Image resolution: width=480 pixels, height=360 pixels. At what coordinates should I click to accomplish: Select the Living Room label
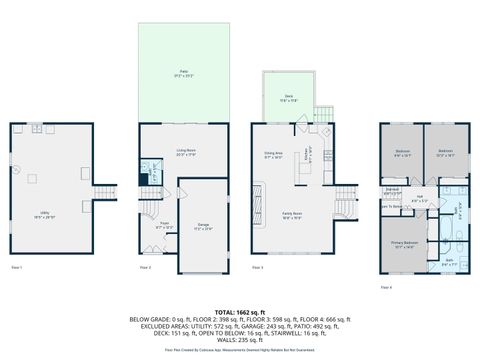click(185, 153)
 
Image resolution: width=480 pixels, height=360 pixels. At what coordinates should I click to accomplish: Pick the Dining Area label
click(273, 155)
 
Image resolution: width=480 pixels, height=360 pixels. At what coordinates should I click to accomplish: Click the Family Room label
click(291, 217)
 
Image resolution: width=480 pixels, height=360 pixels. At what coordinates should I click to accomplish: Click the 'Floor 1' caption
click(16, 268)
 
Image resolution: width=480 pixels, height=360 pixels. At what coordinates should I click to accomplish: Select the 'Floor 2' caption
click(145, 268)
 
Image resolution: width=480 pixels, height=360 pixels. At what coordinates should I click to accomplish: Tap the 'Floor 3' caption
click(258, 268)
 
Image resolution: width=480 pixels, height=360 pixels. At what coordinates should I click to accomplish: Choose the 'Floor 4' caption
click(386, 285)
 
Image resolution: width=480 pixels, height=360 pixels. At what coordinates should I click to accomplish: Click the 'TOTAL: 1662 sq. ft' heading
click(240, 312)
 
